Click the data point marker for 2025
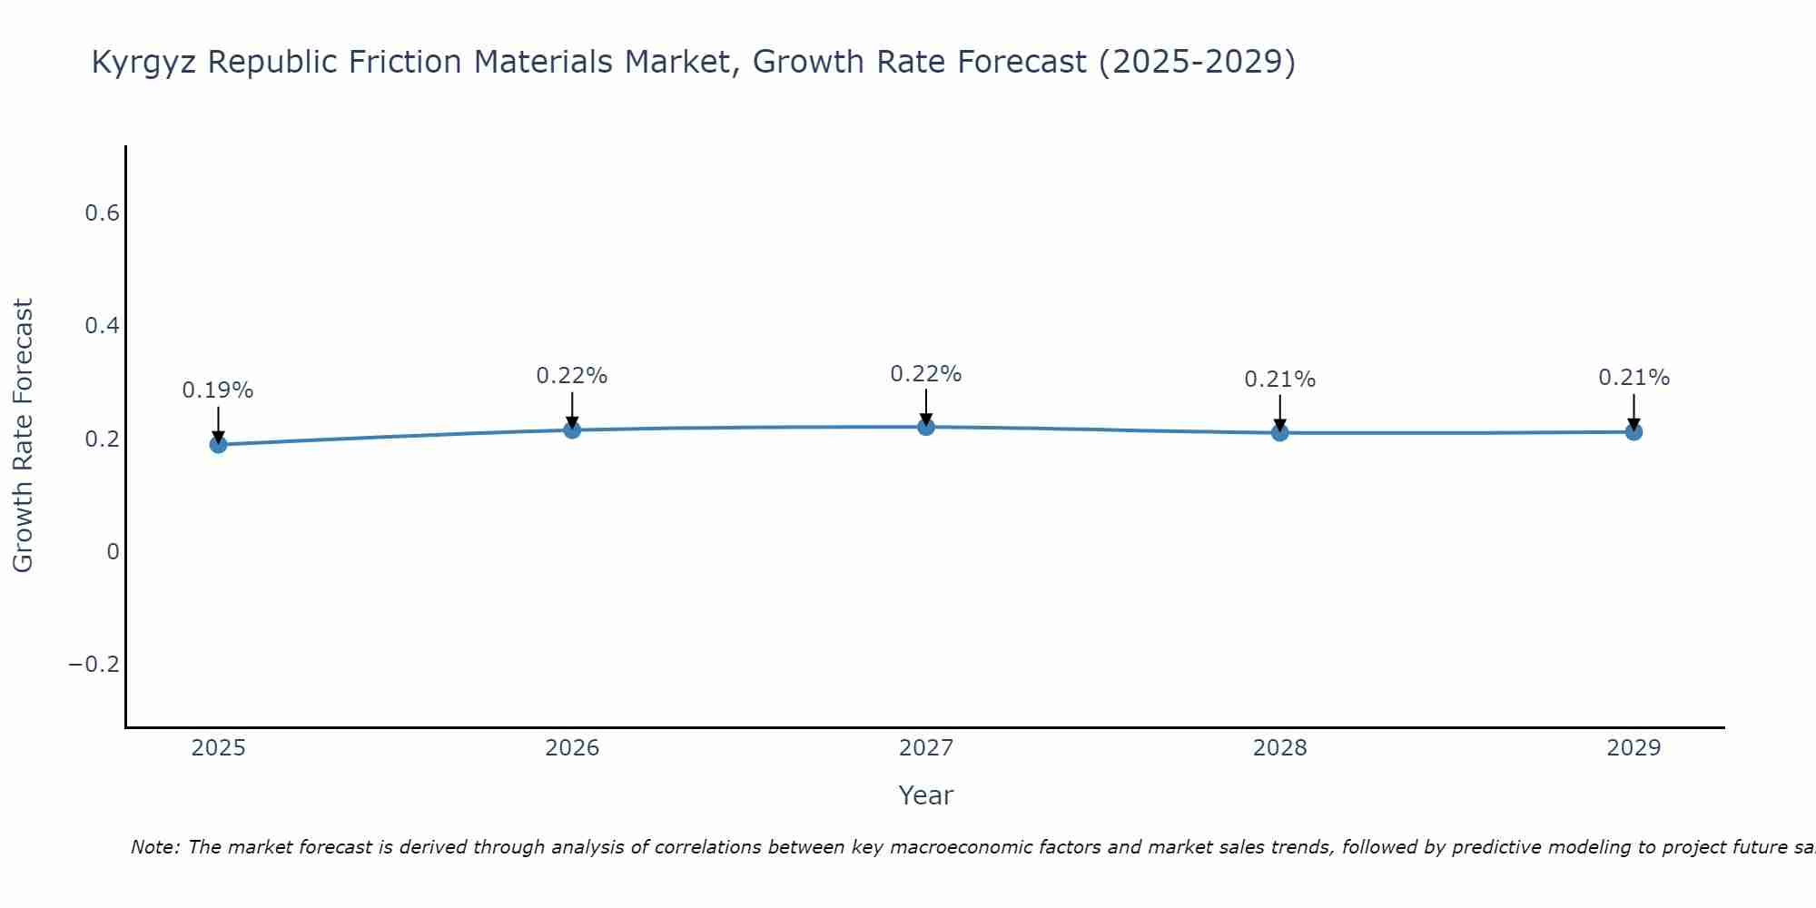[x=218, y=444]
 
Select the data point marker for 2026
[x=572, y=429]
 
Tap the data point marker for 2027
[x=926, y=427]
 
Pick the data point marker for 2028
[x=1279, y=432]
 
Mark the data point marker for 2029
[x=1633, y=431]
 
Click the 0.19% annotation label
[x=218, y=390]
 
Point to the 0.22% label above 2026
[x=572, y=376]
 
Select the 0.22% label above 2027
[x=926, y=374]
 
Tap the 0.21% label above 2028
[x=1279, y=380]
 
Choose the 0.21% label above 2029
[x=1633, y=378]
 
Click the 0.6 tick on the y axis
[x=102, y=213]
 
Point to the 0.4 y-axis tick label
[x=102, y=326]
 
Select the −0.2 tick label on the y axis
[x=94, y=665]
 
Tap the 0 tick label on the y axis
[x=113, y=552]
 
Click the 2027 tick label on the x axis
[x=926, y=748]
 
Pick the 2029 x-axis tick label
[x=1633, y=748]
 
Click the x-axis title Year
[x=926, y=796]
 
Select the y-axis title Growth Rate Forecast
[x=23, y=436]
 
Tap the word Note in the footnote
[x=155, y=848]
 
